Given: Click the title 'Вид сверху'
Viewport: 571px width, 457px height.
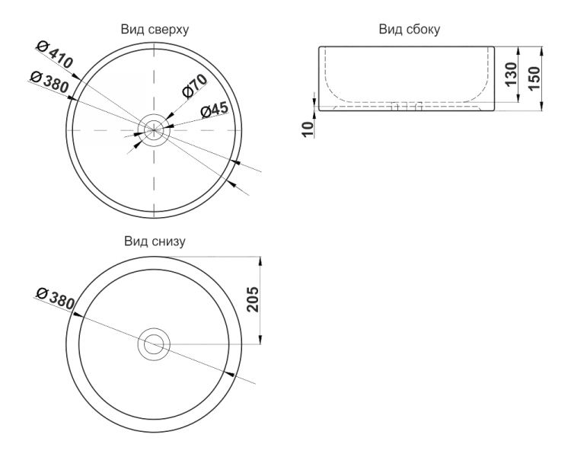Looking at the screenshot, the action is pos(155,30).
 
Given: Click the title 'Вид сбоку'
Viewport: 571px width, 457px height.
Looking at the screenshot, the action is pos(410,29).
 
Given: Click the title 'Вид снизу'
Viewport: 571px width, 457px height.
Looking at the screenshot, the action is pos(155,241).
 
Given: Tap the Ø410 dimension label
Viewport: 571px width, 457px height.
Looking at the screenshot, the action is pos(55,55).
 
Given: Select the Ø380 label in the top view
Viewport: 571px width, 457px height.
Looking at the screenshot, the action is pos(49,81).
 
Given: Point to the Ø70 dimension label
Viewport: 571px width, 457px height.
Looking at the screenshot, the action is pos(195,86).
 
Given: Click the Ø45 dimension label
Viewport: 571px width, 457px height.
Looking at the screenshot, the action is pos(215,110).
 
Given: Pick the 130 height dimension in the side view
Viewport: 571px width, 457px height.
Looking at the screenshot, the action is pos(512,74).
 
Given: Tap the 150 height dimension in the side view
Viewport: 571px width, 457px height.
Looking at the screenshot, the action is pos(534,78).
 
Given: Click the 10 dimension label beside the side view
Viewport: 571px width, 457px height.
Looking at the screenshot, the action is pos(308,129).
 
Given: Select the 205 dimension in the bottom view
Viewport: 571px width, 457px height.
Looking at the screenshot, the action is pos(252,299).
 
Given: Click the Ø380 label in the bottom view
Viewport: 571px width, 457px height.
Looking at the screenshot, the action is pos(56,298).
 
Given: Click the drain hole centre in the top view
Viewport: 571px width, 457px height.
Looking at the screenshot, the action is pos(154,130).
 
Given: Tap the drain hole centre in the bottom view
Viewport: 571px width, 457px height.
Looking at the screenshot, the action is pos(154,344).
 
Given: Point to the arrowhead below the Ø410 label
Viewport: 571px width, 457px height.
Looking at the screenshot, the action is pos(75,76).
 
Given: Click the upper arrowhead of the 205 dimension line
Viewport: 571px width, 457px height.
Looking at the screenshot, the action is pos(260,262).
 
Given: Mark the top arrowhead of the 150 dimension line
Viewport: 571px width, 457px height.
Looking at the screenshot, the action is pos(541,51).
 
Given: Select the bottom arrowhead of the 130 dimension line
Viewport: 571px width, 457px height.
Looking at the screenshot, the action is pos(519,97).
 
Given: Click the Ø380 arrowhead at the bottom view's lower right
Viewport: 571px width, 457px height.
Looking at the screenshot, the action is pos(228,373).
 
